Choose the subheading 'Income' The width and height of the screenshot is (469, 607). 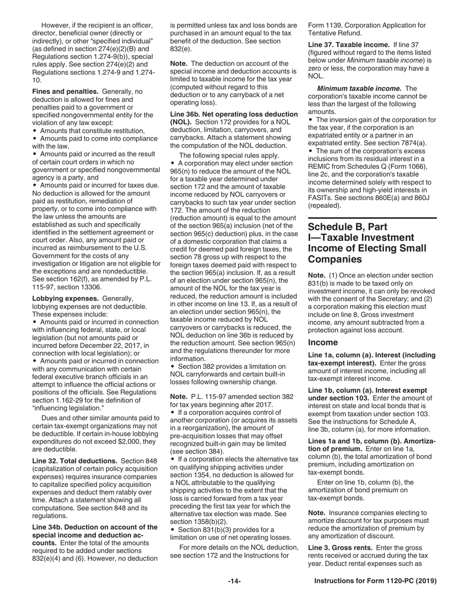tap(323, 342)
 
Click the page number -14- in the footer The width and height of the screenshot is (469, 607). tap(234, 581)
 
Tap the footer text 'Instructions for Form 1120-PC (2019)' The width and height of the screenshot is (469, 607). tap(375, 581)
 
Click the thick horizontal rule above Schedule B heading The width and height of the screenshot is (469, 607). tap(372, 218)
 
